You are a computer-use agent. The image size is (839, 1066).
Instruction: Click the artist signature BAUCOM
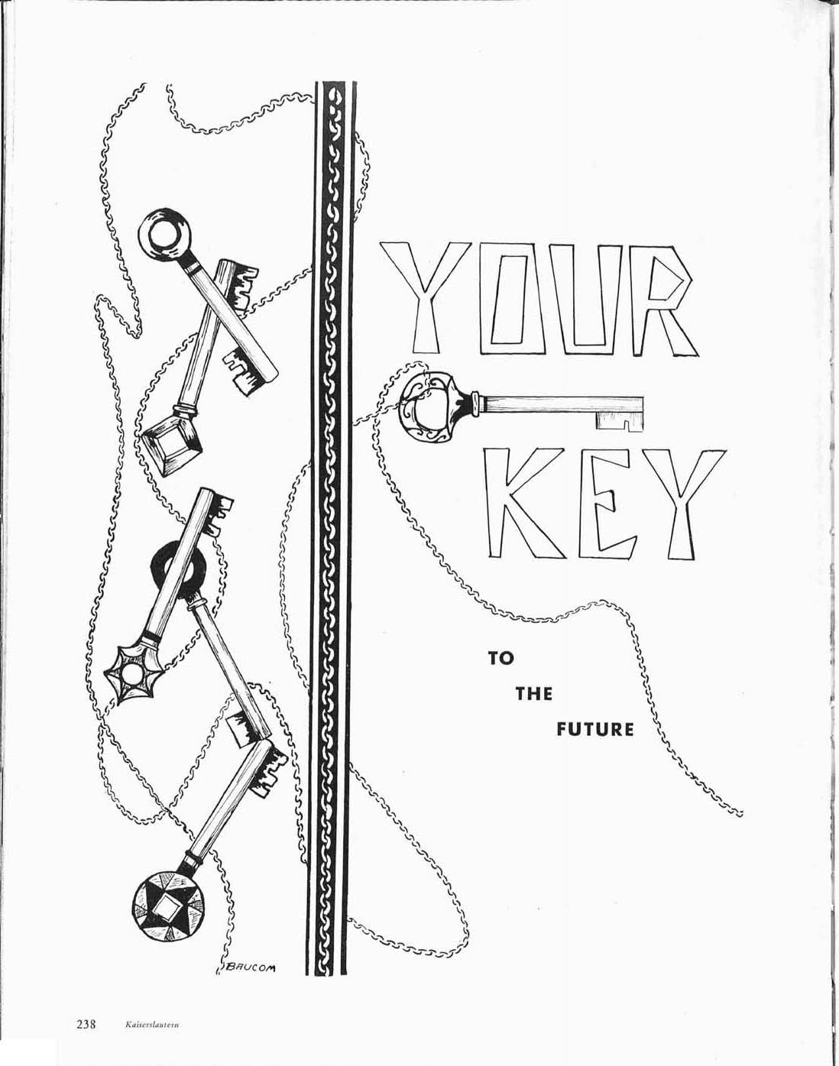pos(250,968)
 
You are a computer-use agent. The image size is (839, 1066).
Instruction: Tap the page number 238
pos(84,1025)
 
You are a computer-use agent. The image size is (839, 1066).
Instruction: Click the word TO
pos(501,658)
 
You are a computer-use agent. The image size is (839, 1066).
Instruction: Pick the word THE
pos(533,694)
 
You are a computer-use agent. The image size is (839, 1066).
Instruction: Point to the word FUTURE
pos(594,730)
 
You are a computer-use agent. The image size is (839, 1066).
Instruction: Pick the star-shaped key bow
pos(136,674)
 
